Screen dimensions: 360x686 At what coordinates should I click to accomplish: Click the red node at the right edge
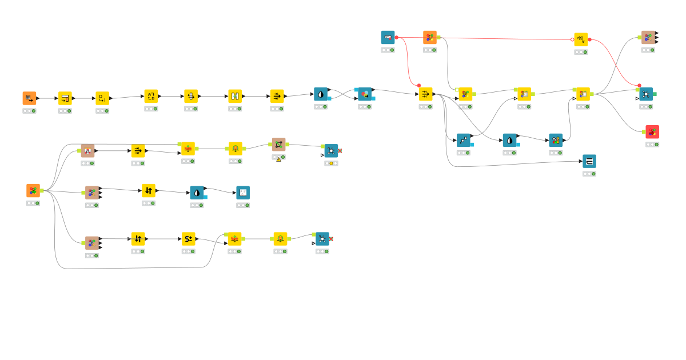click(652, 132)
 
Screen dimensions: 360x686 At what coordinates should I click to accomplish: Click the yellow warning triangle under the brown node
click(279, 159)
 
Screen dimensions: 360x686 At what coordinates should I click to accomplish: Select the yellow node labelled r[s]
click(581, 39)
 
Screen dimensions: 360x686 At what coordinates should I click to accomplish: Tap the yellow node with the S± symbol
click(189, 239)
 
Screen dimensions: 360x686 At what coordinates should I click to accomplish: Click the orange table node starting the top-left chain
click(30, 98)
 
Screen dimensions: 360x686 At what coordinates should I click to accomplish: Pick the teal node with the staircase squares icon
click(464, 140)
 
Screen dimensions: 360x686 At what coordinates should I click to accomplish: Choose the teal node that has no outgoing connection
click(589, 161)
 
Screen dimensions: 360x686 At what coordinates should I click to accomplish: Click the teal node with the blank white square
click(243, 193)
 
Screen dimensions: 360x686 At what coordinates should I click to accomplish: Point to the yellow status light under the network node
click(331, 163)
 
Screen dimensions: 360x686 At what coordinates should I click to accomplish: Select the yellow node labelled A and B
click(151, 96)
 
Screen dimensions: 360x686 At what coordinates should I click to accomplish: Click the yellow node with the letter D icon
click(102, 98)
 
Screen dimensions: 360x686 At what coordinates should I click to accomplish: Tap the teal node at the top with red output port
click(388, 38)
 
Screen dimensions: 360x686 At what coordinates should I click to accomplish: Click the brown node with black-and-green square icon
click(278, 144)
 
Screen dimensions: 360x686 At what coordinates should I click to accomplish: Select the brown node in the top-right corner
click(648, 38)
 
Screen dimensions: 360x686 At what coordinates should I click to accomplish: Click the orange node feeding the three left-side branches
click(33, 191)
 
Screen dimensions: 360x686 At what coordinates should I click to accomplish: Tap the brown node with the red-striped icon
click(87, 151)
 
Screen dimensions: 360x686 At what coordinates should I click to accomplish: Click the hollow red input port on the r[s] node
click(572, 39)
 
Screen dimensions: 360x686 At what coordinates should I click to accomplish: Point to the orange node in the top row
click(430, 38)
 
